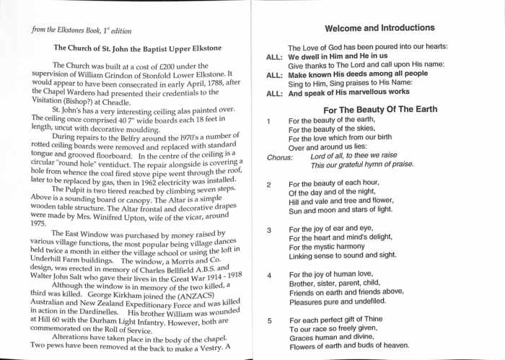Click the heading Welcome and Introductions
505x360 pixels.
click(379, 28)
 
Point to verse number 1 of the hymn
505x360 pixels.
click(268, 120)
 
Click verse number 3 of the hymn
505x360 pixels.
click(268, 230)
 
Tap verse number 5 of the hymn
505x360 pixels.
click(268, 320)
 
